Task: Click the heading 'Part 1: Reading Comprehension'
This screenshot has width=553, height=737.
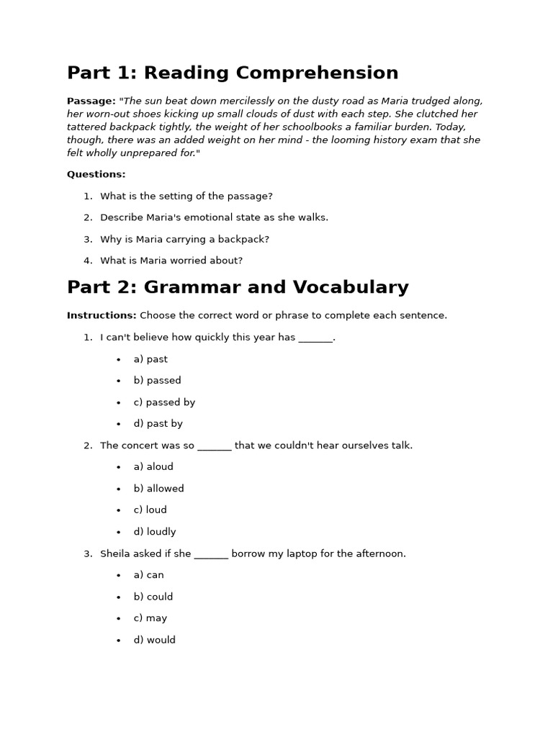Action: click(233, 73)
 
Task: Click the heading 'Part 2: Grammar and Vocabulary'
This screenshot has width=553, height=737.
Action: click(238, 288)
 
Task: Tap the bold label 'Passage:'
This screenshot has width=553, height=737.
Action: click(91, 101)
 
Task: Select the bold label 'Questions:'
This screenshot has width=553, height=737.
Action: click(96, 174)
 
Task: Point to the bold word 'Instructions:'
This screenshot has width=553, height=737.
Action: click(102, 315)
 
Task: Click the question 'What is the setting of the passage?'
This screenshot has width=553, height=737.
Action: click(186, 196)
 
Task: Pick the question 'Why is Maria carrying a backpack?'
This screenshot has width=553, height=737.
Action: click(184, 239)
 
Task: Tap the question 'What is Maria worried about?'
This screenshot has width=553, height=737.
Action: click(171, 261)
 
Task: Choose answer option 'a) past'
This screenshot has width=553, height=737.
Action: click(150, 359)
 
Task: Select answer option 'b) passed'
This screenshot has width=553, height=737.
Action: click(157, 381)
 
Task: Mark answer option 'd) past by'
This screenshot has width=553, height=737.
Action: click(158, 424)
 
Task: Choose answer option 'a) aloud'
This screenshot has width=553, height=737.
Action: click(153, 467)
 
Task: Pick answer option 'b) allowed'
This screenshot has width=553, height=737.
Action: click(158, 489)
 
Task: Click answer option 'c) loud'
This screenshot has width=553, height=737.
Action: click(150, 510)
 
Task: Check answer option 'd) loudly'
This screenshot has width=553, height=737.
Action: click(155, 532)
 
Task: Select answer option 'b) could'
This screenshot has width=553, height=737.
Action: click(153, 597)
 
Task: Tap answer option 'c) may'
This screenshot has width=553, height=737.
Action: click(150, 618)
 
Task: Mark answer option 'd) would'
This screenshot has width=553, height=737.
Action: click(154, 640)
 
